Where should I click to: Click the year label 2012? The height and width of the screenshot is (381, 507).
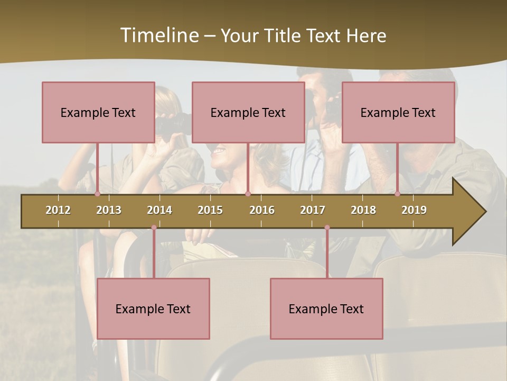tap(58, 210)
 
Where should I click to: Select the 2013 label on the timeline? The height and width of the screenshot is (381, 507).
tap(109, 210)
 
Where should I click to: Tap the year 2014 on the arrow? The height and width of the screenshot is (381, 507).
tap(159, 210)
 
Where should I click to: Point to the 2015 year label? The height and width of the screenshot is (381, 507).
tap(210, 210)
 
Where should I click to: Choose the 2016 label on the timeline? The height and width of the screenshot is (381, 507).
tap(262, 210)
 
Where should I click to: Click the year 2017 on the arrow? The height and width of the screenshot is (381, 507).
tap(313, 210)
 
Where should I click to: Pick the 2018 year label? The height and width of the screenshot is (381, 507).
tap(363, 210)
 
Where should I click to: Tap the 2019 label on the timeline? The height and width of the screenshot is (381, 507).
tap(414, 210)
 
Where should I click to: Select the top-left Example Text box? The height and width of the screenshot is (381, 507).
tap(98, 112)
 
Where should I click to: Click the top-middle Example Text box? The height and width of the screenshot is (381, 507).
tap(248, 112)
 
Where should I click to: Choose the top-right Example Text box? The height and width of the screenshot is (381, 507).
tap(398, 112)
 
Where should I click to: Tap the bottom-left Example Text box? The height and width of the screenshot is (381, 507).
tap(153, 309)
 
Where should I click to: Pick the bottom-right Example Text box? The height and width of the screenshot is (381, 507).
tap(326, 309)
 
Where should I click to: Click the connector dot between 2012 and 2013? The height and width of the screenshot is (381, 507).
tap(97, 194)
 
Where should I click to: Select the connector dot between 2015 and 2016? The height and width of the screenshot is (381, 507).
tap(248, 194)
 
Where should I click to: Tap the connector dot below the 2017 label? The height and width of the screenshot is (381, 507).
tap(327, 228)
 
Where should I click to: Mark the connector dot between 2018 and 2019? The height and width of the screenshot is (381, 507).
tap(397, 194)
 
